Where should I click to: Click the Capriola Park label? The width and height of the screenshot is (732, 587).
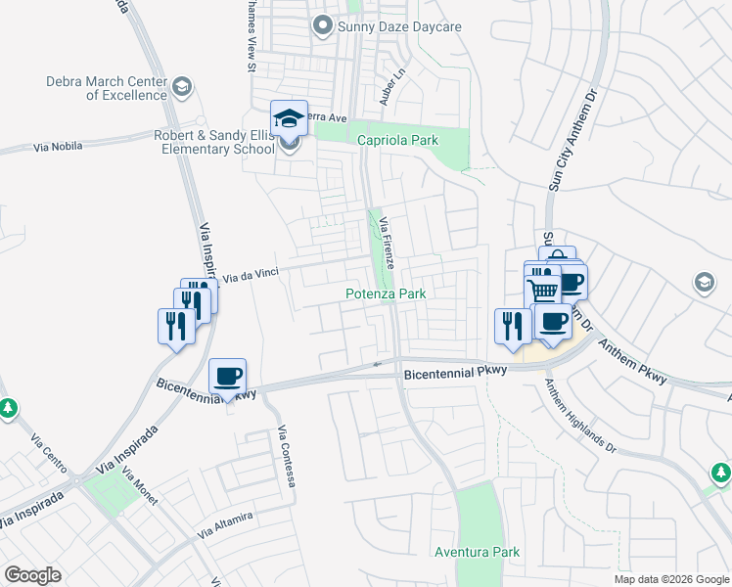tap(397, 141)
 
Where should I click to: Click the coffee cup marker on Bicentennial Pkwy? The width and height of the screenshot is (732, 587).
tap(228, 377)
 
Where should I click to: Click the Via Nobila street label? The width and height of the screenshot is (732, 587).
tap(58, 147)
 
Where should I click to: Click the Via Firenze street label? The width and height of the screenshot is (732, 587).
tap(388, 244)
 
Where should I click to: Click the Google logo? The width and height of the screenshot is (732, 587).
tap(33, 575)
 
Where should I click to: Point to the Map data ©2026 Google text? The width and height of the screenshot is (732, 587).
tap(670, 579)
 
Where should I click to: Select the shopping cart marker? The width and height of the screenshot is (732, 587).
tap(543, 287)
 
